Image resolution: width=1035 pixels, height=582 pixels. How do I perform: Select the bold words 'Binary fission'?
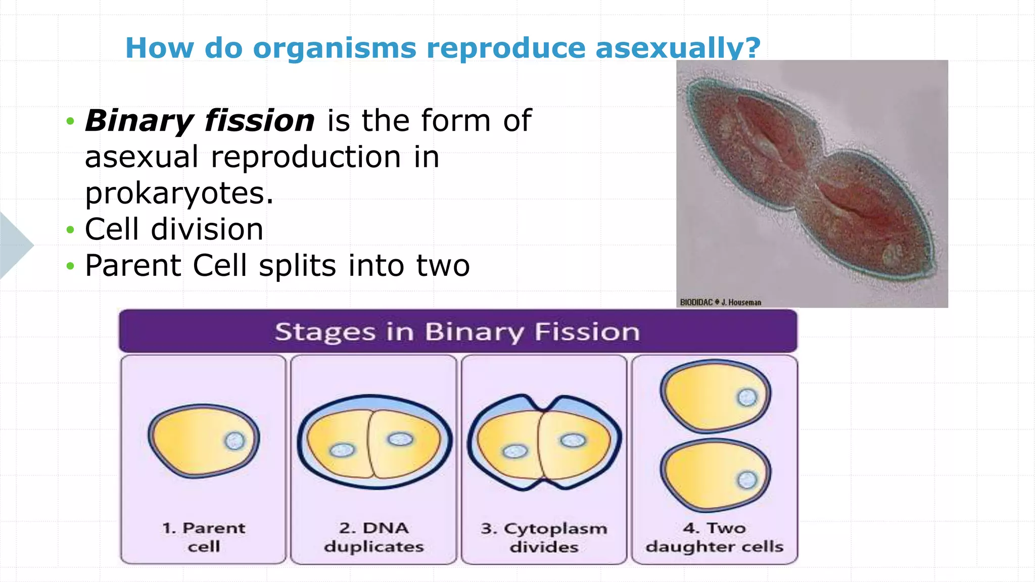(x=200, y=121)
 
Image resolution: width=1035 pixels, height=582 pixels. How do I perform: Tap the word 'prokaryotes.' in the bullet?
(x=179, y=193)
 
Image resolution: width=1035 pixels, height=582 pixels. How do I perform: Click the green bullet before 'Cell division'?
(x=70, y=230)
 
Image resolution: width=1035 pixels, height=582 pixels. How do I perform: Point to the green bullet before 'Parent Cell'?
(x=70, y=266)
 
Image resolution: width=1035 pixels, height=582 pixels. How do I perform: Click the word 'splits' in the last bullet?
(x=297, y=266)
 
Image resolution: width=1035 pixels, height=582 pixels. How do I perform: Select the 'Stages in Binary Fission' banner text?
(x=457, y=332)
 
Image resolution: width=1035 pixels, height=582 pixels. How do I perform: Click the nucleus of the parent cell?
(x=234, y=441)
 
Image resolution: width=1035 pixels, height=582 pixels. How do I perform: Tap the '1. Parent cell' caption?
(x=204, y=537)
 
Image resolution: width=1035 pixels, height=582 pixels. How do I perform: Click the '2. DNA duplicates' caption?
(x=374, y=537)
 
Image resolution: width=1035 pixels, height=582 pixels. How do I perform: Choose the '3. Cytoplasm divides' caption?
(x=544, y=538)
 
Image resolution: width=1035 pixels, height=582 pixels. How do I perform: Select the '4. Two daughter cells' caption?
(x=714, y=537)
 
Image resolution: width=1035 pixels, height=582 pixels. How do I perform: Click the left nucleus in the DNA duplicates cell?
(x=342, y=450)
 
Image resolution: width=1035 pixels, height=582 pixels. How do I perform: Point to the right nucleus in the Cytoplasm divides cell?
(x=573, y=441)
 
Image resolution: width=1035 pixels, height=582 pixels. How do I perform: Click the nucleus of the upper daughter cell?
(x=747, y=398)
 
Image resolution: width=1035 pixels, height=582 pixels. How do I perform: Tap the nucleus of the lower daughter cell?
(x=747, y=479)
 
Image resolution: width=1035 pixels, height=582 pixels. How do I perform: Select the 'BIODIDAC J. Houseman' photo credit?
(x=720, y=302)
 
